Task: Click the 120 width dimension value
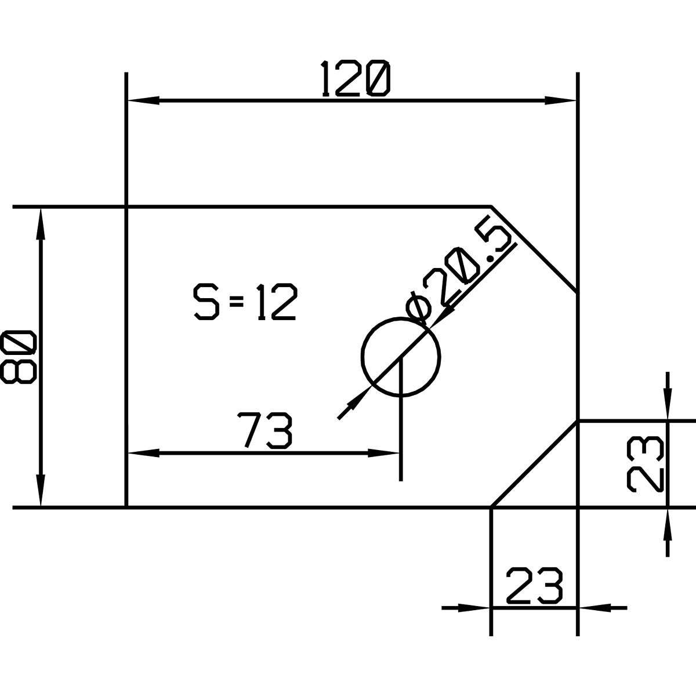[x=356, y=79]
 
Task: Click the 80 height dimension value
[x=18, y=357]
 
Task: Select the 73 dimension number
[x=264, y=430]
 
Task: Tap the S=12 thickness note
[x=245, y=302]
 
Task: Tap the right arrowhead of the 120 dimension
[x=560, y=100]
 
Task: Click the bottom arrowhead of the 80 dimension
[x=41, y=491]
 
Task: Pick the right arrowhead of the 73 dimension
[x=383, y=453]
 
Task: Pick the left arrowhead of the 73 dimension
[x=143, y=453]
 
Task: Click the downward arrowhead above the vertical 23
[x=668, y=404]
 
